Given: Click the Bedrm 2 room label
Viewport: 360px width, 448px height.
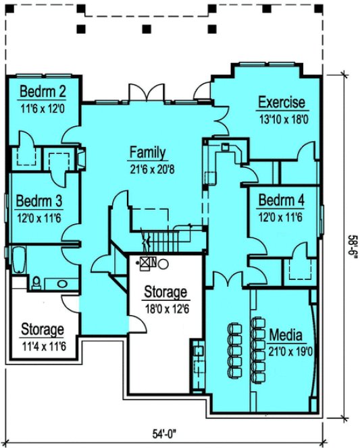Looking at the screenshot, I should click(x=41, y=92).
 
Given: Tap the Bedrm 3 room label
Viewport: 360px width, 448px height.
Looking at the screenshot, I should click(x=39, y=201).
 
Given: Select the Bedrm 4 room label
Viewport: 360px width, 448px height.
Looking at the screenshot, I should click(x=281, y=201).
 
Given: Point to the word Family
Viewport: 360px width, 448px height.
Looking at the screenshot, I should click(x=148, y=152).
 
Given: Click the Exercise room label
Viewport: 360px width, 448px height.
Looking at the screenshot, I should click(x=282, y=103).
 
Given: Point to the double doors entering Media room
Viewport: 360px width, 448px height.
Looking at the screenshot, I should click(x=225, y=277).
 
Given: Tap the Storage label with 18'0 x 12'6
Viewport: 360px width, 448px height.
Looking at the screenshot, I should click(x=165, y=292).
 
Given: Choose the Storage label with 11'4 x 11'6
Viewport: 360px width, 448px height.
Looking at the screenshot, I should click(x=42, y=329).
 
